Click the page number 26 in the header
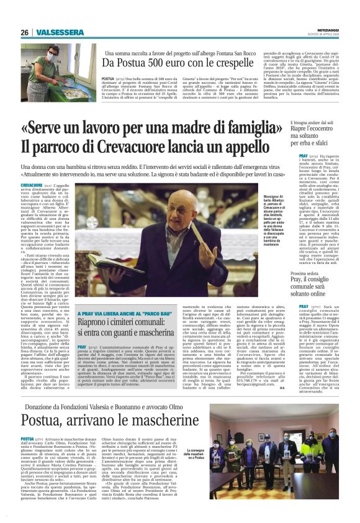24,32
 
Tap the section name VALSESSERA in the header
53,32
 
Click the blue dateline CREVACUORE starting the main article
32,185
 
